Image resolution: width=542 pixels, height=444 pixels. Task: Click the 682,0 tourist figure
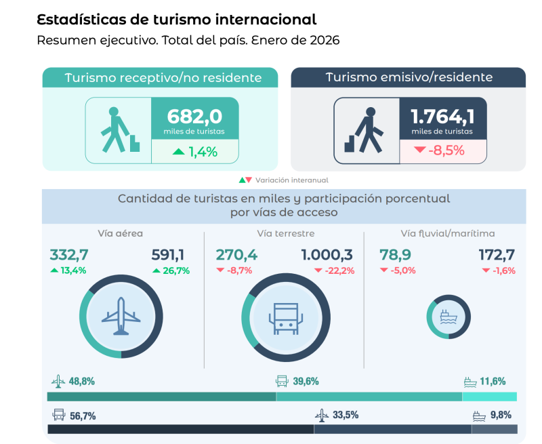[194, 116]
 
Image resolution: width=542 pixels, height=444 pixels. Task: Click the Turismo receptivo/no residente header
[163, 78]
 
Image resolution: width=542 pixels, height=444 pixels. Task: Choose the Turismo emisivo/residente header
[409, 77]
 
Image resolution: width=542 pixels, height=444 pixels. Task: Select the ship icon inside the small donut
[448, 317]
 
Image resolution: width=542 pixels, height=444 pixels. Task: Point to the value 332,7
[69, 255]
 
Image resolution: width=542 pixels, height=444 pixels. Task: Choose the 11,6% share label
[493, 382]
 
